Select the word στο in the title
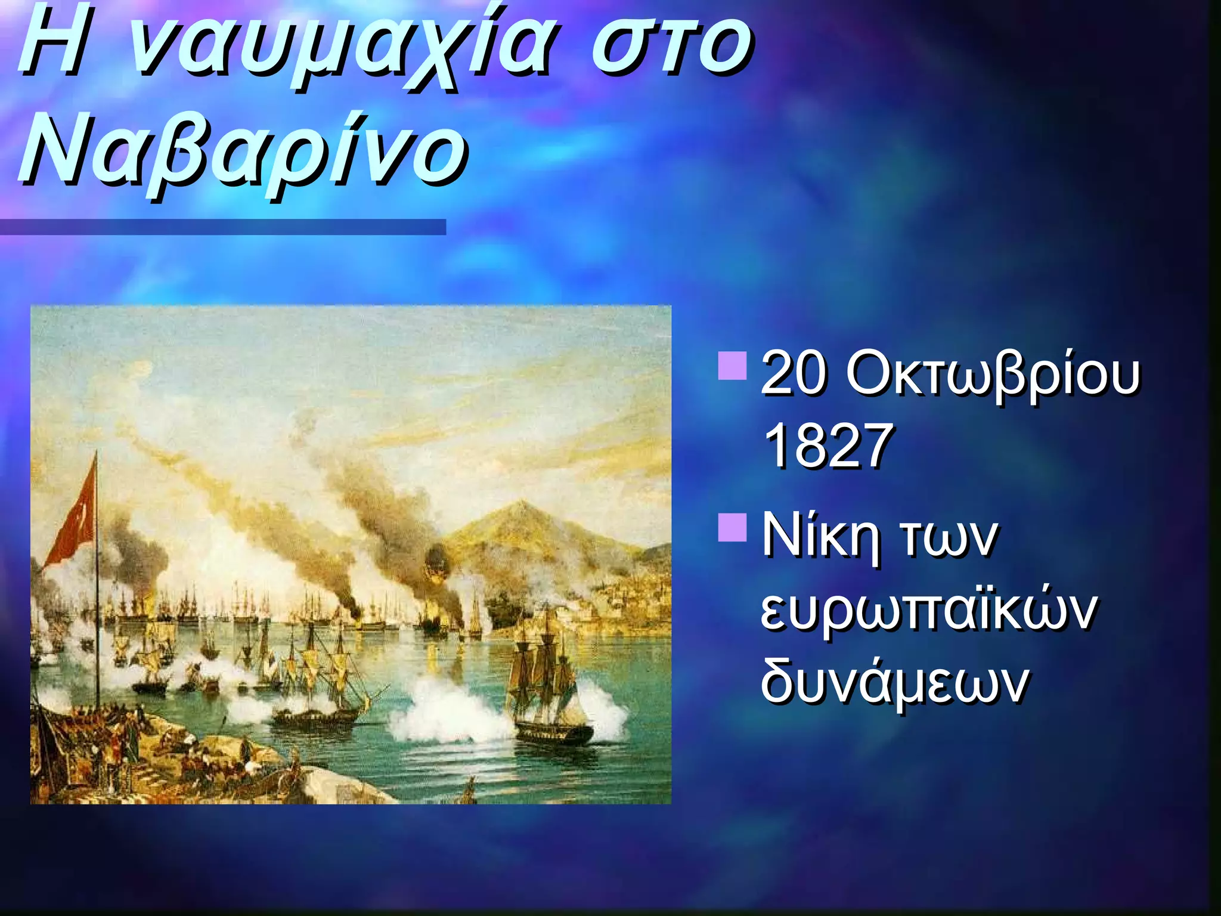click(671, 48)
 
